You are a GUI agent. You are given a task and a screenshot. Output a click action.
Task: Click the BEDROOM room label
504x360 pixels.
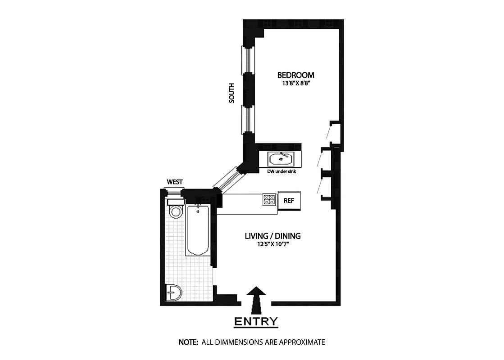pyautogui.click(x=295, y=75)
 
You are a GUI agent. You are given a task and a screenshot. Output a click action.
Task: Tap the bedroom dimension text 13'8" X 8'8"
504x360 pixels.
pyautogui.click(x=295, y=83)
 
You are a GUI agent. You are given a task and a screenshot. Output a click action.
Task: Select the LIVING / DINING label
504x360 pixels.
pyautogui.click(x=272, y=236)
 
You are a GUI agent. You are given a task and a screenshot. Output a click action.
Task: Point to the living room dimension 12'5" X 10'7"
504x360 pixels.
pyautogui.click(x=272, y=244)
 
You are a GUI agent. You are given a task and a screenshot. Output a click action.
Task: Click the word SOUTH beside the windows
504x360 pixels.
pyautogui.click(x=232, y=94)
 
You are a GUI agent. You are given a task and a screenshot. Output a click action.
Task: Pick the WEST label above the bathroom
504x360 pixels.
pyautogui.click(x=175, y=182)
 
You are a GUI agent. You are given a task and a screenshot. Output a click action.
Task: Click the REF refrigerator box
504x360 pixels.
pyautogui.click(x=289, y=200)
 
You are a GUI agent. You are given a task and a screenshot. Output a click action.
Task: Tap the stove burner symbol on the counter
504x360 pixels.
pyautogui.click(x=269, y=200)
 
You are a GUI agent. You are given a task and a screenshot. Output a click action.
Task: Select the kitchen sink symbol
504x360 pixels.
pyautogui.click(x=281, y=158)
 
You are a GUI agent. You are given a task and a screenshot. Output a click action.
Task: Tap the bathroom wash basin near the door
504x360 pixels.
pyautogui.click(x=174, y=293)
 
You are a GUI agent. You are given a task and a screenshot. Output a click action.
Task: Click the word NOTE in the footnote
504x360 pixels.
pyautogui.click(x=188, y=342)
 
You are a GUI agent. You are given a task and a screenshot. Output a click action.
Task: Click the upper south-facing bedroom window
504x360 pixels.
pyautogui.click(x=247, y=60)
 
